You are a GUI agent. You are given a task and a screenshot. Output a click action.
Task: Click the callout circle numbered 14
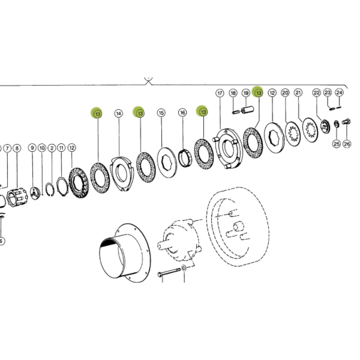(x=118, y=113)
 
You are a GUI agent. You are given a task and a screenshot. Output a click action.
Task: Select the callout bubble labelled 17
(x=220, y=93)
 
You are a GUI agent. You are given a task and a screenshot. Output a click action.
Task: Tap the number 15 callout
(x=161, y=113)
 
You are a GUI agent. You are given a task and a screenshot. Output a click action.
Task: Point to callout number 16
(x=182, y=113)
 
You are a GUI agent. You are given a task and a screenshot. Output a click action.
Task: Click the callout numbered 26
(x=347, y=144)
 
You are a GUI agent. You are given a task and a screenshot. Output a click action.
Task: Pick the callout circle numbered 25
(x=337, y=144)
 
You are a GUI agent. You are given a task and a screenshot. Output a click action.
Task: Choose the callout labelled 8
(x=17, y=148)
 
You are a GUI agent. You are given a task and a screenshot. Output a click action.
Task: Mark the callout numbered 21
(x=298, y=93)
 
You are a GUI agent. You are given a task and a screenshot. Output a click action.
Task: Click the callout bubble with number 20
(x=285, y=93)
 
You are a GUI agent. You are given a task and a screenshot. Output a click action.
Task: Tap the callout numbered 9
(x=32, y=148)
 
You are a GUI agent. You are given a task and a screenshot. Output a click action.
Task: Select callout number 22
(x=317, y=93)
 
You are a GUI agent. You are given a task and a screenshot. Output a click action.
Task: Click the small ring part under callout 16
(x=185, y=158)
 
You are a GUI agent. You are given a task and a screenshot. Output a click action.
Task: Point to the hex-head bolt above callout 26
(x=346, y=121)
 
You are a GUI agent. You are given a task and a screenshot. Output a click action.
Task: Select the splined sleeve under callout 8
(x=17, y=197)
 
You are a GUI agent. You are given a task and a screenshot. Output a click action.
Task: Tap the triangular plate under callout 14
(x=121, y=173)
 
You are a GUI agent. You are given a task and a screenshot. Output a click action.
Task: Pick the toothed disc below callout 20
(x=293, y=134)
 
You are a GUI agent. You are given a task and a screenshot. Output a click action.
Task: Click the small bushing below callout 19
(x=247, y=110)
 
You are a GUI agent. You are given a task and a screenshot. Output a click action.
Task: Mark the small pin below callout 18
(x=236, y=112)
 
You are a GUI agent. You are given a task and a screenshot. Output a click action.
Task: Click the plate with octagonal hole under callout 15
(x=167, y=163)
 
